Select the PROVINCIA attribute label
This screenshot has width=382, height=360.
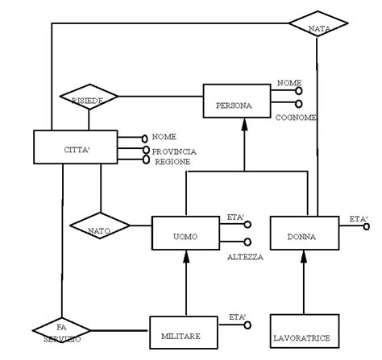point(174,151)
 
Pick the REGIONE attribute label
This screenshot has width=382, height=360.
point(172,161)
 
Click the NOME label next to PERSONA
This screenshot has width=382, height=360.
point(289,82)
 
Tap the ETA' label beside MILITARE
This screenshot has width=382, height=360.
point(237,317)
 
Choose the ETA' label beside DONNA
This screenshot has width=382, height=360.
point(358,219)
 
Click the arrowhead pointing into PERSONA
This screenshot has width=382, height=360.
point(243,128)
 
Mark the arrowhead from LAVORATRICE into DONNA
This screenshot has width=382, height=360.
point(304,260)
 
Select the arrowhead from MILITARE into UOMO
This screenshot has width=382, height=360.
point(186,260)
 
